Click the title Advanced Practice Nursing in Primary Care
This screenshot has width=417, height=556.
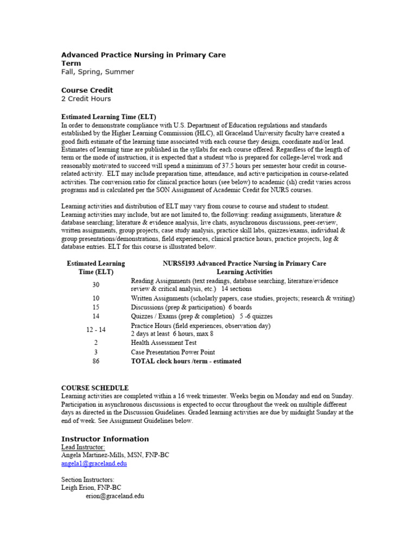(x=143, y=55)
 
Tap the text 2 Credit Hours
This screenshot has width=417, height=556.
(x=86, y=99)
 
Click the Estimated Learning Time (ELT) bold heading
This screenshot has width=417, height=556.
(x=109, y=117)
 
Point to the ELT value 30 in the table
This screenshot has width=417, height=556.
(x=96, y=285)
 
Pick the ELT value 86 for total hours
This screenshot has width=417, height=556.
(x=96, y=361)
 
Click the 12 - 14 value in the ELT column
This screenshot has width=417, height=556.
(x=96, y=330)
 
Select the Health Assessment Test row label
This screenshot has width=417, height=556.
(x=163, y=343)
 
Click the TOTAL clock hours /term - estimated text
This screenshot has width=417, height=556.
(x=186, y=361)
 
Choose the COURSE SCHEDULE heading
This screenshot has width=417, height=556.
(x=94, y=388)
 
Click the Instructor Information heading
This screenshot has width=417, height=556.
(x=105, y=439)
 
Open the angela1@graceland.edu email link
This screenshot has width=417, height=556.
(x=94, y=464)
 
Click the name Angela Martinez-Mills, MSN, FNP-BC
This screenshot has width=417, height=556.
(x=115, y=456)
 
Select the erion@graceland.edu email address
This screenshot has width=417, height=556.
(x=115, y=496)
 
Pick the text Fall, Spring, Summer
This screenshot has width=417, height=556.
(x=97, y=72)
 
